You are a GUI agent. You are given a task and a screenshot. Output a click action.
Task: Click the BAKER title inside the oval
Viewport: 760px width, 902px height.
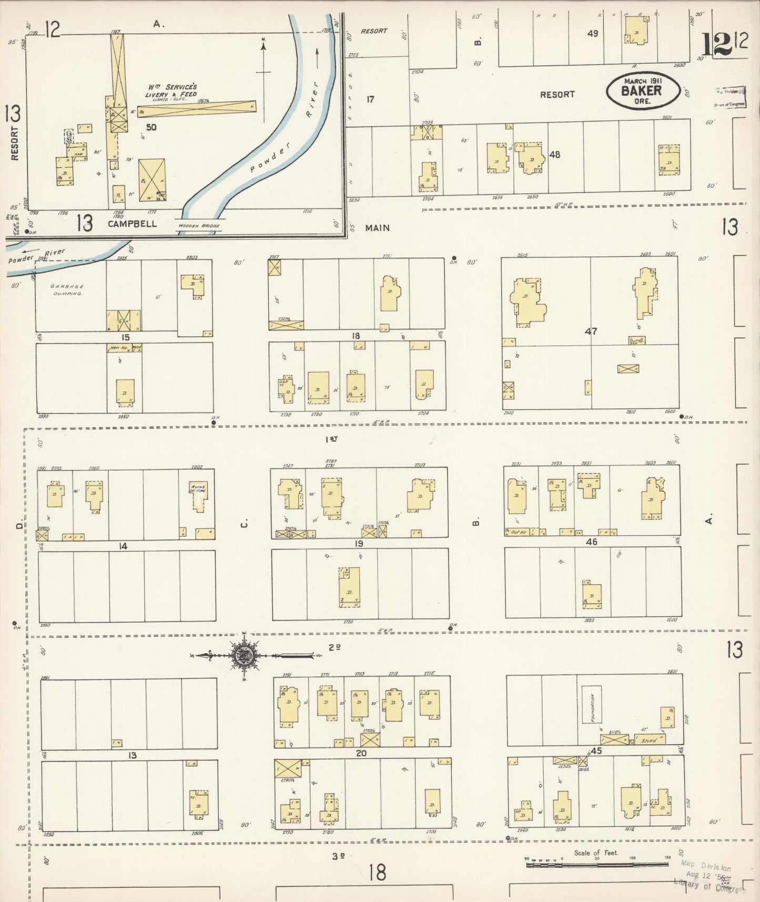(641, 90)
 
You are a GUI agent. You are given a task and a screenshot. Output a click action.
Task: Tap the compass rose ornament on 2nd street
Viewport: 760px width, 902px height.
(245, 655)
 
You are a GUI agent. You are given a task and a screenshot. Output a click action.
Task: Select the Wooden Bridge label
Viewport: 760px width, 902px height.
(199, 226)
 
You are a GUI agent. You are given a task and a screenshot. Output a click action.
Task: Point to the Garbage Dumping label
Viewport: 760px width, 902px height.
(67, 290)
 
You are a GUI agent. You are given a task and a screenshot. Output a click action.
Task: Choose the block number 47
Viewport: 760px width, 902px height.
(591, 332)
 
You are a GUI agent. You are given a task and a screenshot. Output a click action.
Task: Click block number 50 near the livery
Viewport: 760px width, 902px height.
(151, 127)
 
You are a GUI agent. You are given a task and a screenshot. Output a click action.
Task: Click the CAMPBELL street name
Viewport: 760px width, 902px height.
(132, 224)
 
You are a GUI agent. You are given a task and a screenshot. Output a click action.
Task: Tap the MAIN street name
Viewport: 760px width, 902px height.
(378, 228)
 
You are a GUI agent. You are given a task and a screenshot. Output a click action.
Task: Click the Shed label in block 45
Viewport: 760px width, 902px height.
(649, 740)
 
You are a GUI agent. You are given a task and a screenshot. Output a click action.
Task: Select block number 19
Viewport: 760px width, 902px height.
(359, 543)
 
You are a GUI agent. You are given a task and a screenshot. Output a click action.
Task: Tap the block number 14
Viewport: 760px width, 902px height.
(123, 546)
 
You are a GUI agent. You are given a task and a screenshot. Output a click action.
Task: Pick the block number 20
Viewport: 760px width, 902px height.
(361, 753)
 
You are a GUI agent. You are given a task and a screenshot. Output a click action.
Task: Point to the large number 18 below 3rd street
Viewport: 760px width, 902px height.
(377, 873)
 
